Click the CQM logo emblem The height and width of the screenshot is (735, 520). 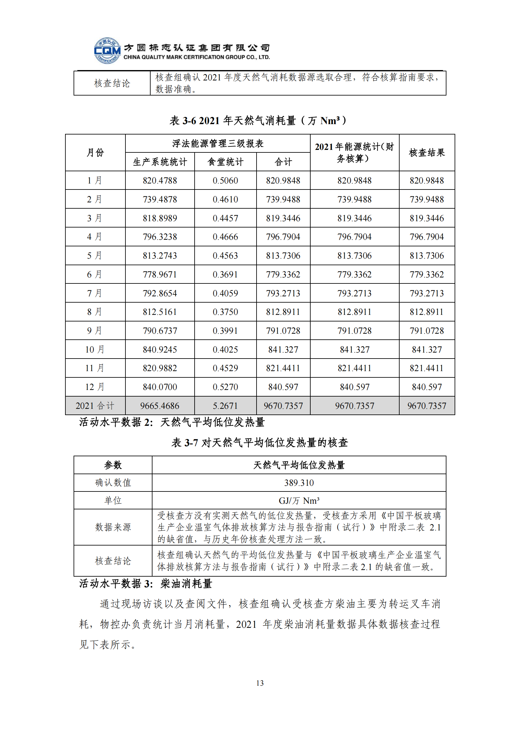point(107,51)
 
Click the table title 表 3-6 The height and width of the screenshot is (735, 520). point(258,121)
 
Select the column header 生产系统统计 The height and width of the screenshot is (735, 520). point(160,162)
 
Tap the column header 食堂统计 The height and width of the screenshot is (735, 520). point(225,162)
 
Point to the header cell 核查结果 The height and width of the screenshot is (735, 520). point(427,153)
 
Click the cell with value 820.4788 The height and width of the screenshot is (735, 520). point(160,181)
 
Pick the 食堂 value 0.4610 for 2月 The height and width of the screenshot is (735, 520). point(225,200)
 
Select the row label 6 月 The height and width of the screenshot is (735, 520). point(95,274)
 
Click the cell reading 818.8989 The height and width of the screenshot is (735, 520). point(160,218)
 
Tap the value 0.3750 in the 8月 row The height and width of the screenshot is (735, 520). point(225,312)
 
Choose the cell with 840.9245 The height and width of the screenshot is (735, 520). point(160,349)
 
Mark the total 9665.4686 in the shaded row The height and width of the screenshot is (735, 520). point(160,406)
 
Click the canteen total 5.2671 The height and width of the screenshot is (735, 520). point(225,406)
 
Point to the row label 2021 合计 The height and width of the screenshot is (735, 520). point(95,406)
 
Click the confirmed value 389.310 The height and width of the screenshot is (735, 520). point(299,483)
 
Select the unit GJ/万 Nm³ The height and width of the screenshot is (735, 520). point(299,501)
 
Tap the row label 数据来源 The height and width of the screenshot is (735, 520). point(113,527)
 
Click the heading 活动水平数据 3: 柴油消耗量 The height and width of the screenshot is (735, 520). point(146,584)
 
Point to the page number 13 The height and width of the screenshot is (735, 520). point(260,683)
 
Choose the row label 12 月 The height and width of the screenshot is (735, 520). point(95,387)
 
